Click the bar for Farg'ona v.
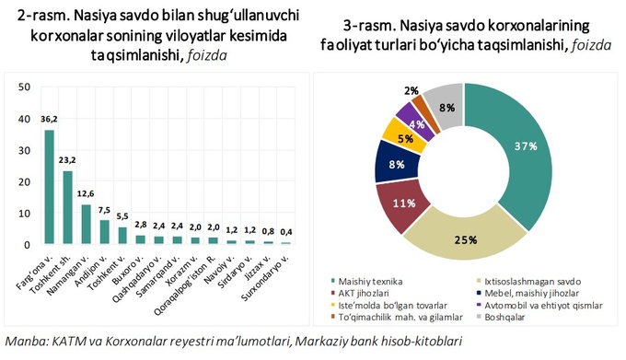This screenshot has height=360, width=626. click(x=49, y=187)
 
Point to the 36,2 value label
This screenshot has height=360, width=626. click(x=49, y=120)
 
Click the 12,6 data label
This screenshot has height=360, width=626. click(x=86, y=193)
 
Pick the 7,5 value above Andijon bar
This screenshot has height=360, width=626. click(x=104, y=209)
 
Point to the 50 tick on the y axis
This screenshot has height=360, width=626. click(x=25, y=87)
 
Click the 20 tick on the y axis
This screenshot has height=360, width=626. click(x=25, y=181)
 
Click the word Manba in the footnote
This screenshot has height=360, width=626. click(x=25, y=342)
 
